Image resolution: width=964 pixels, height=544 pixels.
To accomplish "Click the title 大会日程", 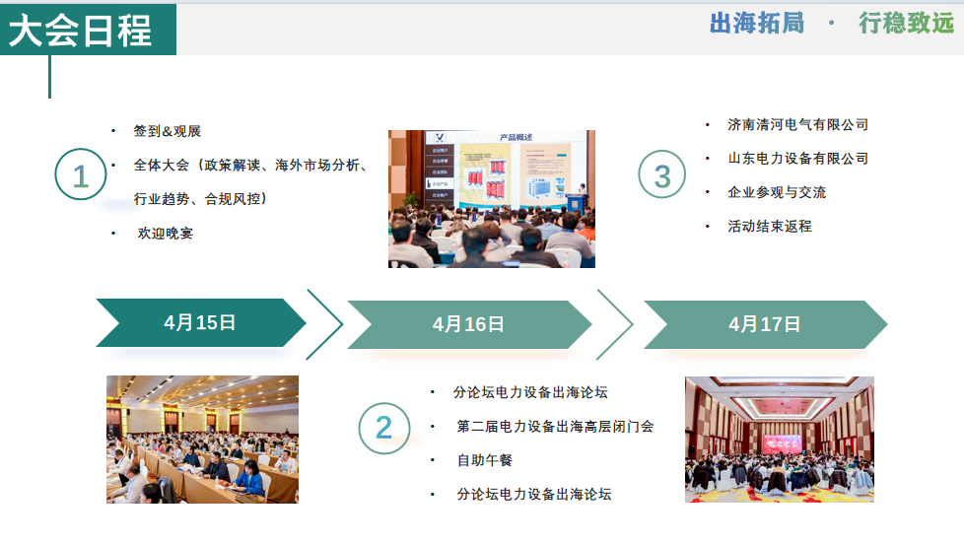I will pyautogui.click(x=81, y=30).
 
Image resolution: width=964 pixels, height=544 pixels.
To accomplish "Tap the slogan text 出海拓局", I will pyautogui.click(x=756, y=23).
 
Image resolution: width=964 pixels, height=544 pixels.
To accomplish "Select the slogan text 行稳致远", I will pyautogui.click(x=906, y=23).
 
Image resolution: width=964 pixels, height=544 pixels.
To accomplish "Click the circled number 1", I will pyautogui.click(x=80, y=176).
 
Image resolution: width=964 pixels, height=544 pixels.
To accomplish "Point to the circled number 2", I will pyautogui.click(x=383, y=428).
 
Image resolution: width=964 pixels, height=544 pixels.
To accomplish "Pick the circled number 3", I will pyautogui.click(x=662, y=176).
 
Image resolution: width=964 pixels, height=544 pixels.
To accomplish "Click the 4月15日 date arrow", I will pyautogui.click(x=200, y=322).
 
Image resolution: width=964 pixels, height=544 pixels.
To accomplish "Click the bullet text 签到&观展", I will pyautogui.click(x=168, y=131).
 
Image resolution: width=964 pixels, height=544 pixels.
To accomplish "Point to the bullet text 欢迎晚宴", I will pyautogui.click(x=165, y=234).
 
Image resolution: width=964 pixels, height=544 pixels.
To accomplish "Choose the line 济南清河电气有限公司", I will pyautogui.click(x=797, y=125).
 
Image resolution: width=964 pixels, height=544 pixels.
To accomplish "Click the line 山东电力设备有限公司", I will pyautogui.click(x=797, y=159).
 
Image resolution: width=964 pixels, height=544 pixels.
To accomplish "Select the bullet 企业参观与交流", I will pyautogui.click(x=777, y=192).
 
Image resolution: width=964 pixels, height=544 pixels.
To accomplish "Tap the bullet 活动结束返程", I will pyautogui.click(x=770, y=226).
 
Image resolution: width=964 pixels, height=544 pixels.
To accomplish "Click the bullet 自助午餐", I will pyautogui.click(x=484, y=460).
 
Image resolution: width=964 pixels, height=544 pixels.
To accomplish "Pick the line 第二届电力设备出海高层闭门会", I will pyautogui.click(x=555, y=427).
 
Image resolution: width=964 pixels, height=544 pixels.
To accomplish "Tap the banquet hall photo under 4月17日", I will pyautogui.click(x=779, y=440).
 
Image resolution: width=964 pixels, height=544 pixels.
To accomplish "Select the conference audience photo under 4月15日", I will pyautogui.click(x=202, y=440).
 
